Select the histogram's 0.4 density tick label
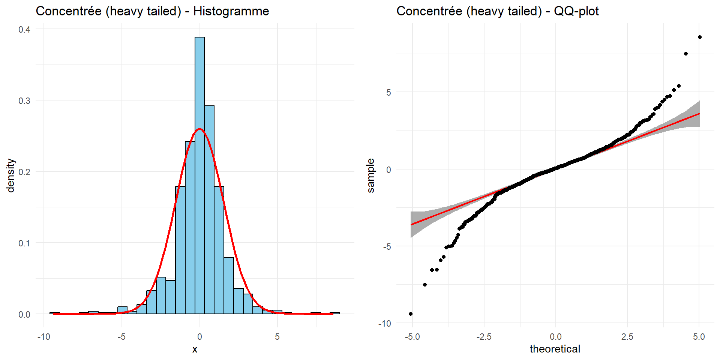pos(24,29)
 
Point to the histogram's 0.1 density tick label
pos(24,243)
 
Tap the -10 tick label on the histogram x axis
pos(43,337)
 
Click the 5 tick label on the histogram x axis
pos(277,337)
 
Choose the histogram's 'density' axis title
pos(10,175)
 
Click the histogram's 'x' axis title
pos(195,349)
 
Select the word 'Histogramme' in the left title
pos(231,11)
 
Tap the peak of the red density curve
pos(199,129)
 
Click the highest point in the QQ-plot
pos(700,37)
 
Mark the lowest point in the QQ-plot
pos(411,314)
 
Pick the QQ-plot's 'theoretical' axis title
pos(555,349)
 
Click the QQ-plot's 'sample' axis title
pos(370,175)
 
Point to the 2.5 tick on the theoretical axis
pos(627,337)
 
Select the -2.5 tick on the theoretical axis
pos(484,337)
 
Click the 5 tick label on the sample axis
pos(388,93)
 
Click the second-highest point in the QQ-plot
pos(686,54)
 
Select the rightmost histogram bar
pos(335,313)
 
